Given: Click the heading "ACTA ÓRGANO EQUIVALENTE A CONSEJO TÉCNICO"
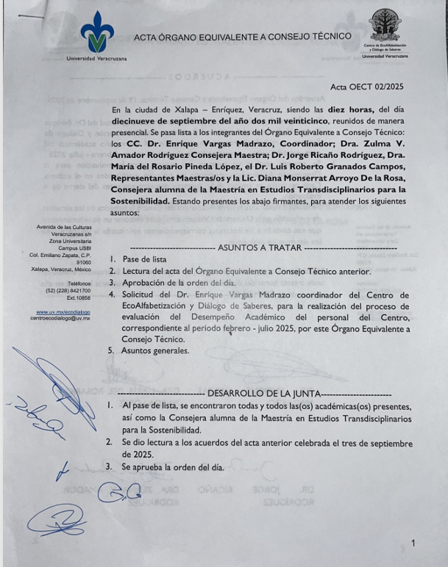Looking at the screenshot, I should [243, 36].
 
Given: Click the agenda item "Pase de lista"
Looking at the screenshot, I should [145, 260].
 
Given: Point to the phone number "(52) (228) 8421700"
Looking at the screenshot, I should [64, 290].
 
